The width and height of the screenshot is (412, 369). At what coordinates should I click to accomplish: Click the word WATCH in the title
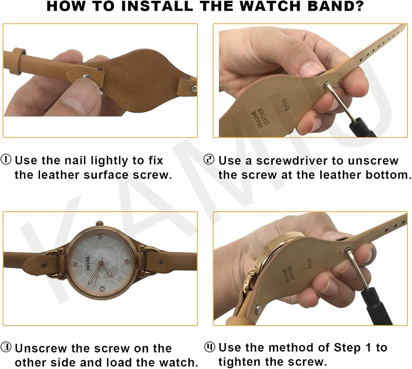pyautogui.click(x=270, y=6)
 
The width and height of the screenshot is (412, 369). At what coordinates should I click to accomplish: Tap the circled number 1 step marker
pyautogui.click(x=6, y=160)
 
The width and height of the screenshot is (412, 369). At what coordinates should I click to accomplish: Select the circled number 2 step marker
pyautogui.click(x=209, y=160)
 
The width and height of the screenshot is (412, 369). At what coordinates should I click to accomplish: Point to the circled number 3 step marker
pyautogui.click(x=6, y=347)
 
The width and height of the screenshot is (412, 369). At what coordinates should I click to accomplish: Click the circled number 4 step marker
pyautogui.click(x=209, y=347)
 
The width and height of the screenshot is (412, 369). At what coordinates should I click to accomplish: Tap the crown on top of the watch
pyautogui.click(x=99, y=223)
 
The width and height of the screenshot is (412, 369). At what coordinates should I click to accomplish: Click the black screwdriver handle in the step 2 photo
pyautogui.click(x=363, y=128)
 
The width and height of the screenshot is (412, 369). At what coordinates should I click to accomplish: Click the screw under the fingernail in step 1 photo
pyautogui.click(x=87, y=77)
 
